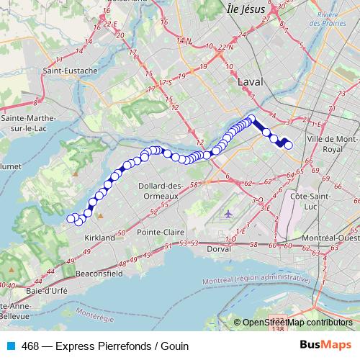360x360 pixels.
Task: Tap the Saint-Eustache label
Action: pyautogui.click(x=70, y=71)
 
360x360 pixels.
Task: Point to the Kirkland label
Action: pyautogui.click(x=99, y=237)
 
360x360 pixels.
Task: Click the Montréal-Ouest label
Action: pyautogui.click(x=330, y=238)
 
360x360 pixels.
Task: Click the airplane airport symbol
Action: pyautogui.click(x=228, y=214)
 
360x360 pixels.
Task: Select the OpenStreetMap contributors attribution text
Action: pyautogui.click(x=297, y=323)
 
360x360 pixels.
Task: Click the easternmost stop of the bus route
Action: pyautogui.click(x=289, y=145)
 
